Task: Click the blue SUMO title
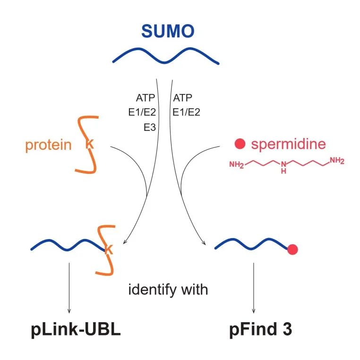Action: (x=168, y=32)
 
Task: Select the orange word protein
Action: (x=49, y=145)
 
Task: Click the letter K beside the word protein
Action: (x=89, y=145)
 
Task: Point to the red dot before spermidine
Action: (x=241, y=143)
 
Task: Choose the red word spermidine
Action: (x=288, y=144)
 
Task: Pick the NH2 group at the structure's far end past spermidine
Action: (x=337, y=161)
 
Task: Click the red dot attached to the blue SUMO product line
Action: (x=292, y=249)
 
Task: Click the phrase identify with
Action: (x=168, y=289)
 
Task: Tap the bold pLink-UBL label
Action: (x=76, y=329)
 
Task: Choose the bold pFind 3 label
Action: (x=258, y=329)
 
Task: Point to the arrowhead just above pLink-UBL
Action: (x=70, y=310)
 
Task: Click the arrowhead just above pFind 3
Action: (x=255, y=310)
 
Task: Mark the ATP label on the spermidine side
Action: (x=182, y=98)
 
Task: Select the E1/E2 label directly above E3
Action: (x=145, y=112)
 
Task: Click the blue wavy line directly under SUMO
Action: (x=165, y=56)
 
